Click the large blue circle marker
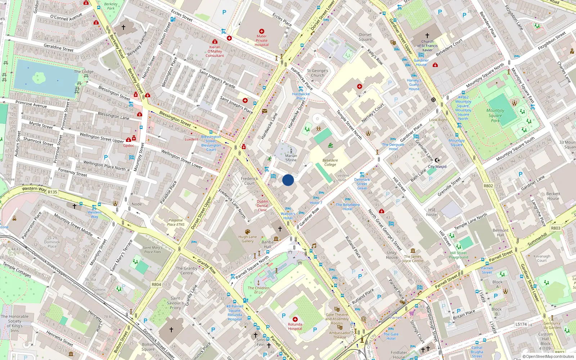288,180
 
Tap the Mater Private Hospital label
262,40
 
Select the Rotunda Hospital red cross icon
295,319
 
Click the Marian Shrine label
291,158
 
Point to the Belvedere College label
330,162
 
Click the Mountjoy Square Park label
495,116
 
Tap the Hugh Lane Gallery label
248,239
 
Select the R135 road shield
53,192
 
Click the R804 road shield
156,284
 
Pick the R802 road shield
488,186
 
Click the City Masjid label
437,167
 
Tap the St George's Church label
318,73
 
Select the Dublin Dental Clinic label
262,206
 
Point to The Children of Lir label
258,290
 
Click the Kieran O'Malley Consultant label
215,51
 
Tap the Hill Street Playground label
459,255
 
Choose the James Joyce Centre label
413,258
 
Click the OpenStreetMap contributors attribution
548,356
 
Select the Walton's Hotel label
288,216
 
